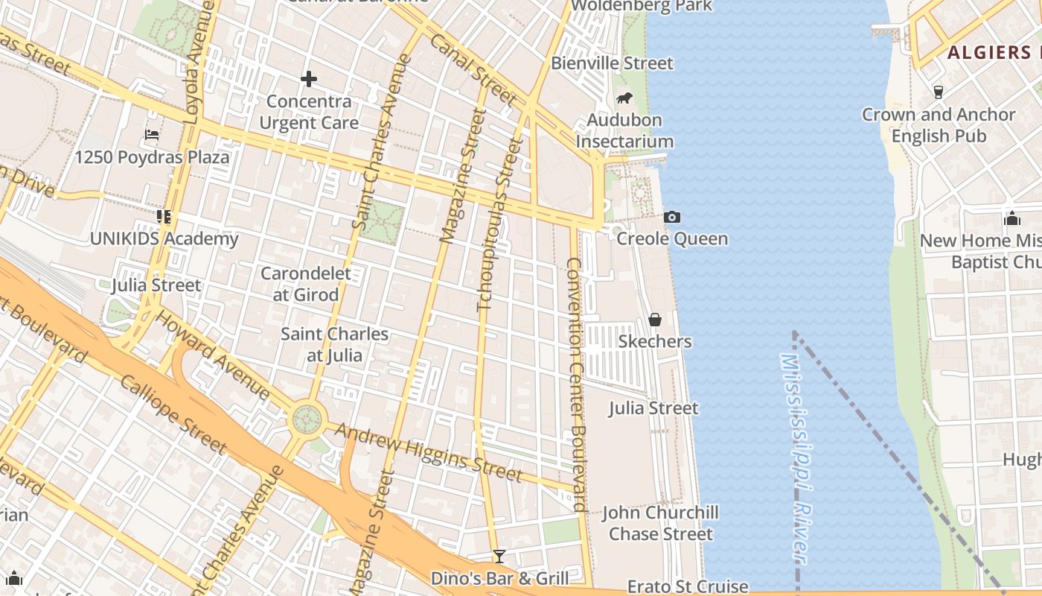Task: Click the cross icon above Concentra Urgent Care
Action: (309, 78)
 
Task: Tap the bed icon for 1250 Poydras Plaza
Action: (152, 135)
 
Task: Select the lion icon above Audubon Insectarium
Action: (624, 98)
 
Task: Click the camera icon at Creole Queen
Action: (672, 217)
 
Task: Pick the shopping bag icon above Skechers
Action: (655, 320)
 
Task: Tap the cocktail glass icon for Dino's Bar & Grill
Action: (499, 557)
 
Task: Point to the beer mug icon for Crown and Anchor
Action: (939, 92)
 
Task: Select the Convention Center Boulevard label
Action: (577, 384)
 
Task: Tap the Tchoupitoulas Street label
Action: (496, 223)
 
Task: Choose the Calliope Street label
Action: (173, 413)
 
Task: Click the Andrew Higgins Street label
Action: (428, 452)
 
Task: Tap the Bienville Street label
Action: (612, 63)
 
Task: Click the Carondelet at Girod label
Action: (305, 284)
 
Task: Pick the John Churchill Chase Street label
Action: (660, 523)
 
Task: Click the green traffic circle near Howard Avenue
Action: (307, 419)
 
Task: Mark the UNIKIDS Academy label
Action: (164, 239)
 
